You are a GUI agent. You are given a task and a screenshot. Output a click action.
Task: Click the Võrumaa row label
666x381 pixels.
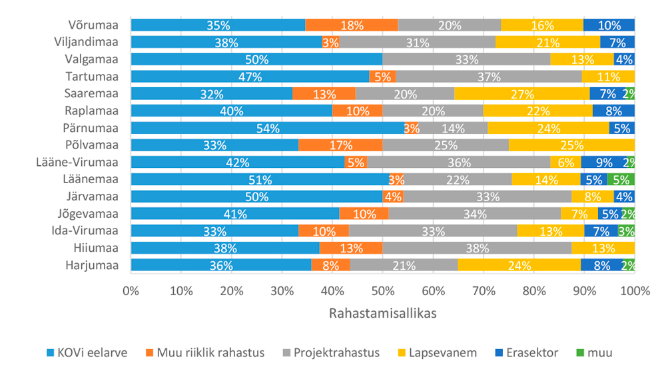tap(93, 25)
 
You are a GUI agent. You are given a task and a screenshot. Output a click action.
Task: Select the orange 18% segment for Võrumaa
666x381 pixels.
tap(352, 25)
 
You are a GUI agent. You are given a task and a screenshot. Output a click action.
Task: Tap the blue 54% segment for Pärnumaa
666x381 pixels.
tap(267, 128)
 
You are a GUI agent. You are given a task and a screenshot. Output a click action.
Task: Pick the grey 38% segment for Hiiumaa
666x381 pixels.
tap(477, 248)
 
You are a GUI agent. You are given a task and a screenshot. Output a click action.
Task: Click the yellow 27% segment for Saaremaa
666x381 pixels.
tap(522, 94)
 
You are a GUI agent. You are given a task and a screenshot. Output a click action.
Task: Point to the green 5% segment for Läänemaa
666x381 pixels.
tap(621, 179)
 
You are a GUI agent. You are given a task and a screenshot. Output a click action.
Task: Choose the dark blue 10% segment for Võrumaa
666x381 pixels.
tap(609, 25)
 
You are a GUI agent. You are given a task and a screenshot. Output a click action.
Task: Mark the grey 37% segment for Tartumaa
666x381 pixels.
tap(488, 77)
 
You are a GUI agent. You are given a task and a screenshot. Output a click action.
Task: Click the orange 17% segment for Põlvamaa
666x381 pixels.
tap(340, 145)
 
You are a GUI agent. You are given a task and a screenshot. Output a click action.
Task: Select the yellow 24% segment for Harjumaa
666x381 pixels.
tap(519, 265)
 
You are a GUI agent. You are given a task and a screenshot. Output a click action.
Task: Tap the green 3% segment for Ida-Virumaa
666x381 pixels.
tap(626, 230)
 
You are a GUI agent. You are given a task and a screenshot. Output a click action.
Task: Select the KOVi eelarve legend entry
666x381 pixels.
tap(86, 352)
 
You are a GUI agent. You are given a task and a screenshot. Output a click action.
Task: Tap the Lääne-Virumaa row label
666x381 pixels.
tap(77, 162)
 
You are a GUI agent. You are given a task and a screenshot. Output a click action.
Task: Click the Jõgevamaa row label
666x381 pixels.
tap(86, 213)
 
